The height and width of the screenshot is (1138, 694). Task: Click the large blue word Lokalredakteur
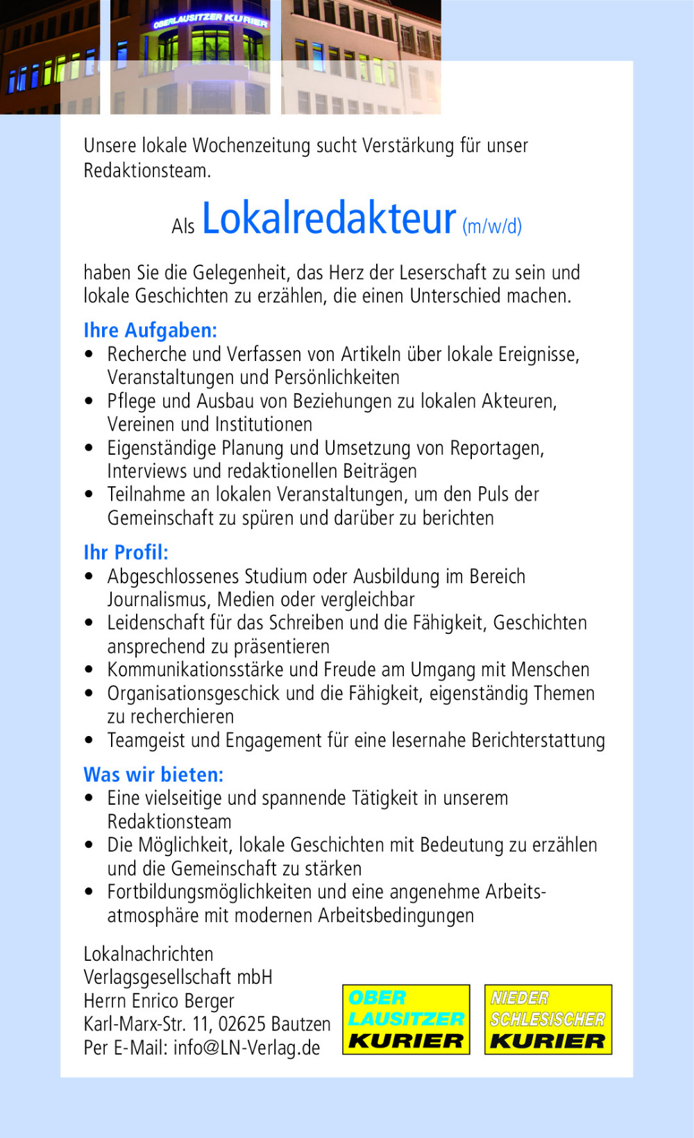tap(329, 219)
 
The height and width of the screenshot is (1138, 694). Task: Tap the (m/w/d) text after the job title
tap(492, 226)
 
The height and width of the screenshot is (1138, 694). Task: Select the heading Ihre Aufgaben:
tap(151, 330)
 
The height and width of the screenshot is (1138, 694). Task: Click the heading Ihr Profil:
tap(126, 553)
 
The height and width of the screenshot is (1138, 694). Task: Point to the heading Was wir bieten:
tap(153, 775)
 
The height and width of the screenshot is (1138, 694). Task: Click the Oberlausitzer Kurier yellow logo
tap(406, 1019)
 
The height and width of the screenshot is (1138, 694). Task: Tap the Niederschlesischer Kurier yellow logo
tap(548, 1019)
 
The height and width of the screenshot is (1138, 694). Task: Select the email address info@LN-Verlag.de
tap(246, 1048)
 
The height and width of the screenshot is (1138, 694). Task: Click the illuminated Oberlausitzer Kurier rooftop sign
tap(210, 19)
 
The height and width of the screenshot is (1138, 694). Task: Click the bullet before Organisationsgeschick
tap(89, 694)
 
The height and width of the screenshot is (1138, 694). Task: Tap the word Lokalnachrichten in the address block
tap(149, 954)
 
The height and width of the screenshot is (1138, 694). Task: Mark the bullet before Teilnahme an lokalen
tap(89, 494)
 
